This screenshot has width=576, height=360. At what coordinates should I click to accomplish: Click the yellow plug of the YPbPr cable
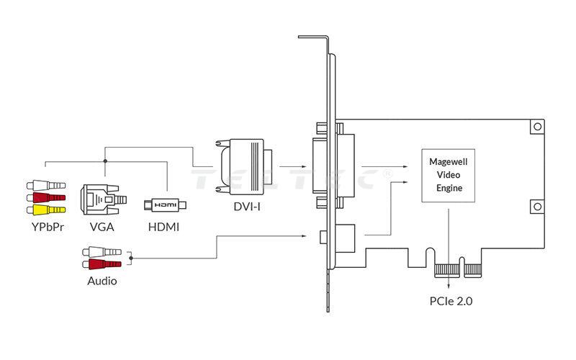(x=46, y=210)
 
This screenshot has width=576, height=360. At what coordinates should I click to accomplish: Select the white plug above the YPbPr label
(x=46, y=185)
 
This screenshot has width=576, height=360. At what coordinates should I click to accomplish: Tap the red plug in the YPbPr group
(x=46, y=197)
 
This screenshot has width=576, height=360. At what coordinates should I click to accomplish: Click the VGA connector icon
(x=102, y=201)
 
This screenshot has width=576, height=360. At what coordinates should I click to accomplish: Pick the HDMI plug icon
(x=165, y=205)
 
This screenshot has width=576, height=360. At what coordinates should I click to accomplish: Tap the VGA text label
(x=102, y=228)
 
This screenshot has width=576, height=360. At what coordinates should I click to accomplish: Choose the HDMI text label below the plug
(x=163, y=228)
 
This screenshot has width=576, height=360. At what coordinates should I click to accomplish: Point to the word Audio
(x=102, y=281)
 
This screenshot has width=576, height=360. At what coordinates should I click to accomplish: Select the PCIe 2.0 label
(x=450, y=301)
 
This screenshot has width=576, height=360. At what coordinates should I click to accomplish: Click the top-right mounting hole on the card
(x=536, y=127)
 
